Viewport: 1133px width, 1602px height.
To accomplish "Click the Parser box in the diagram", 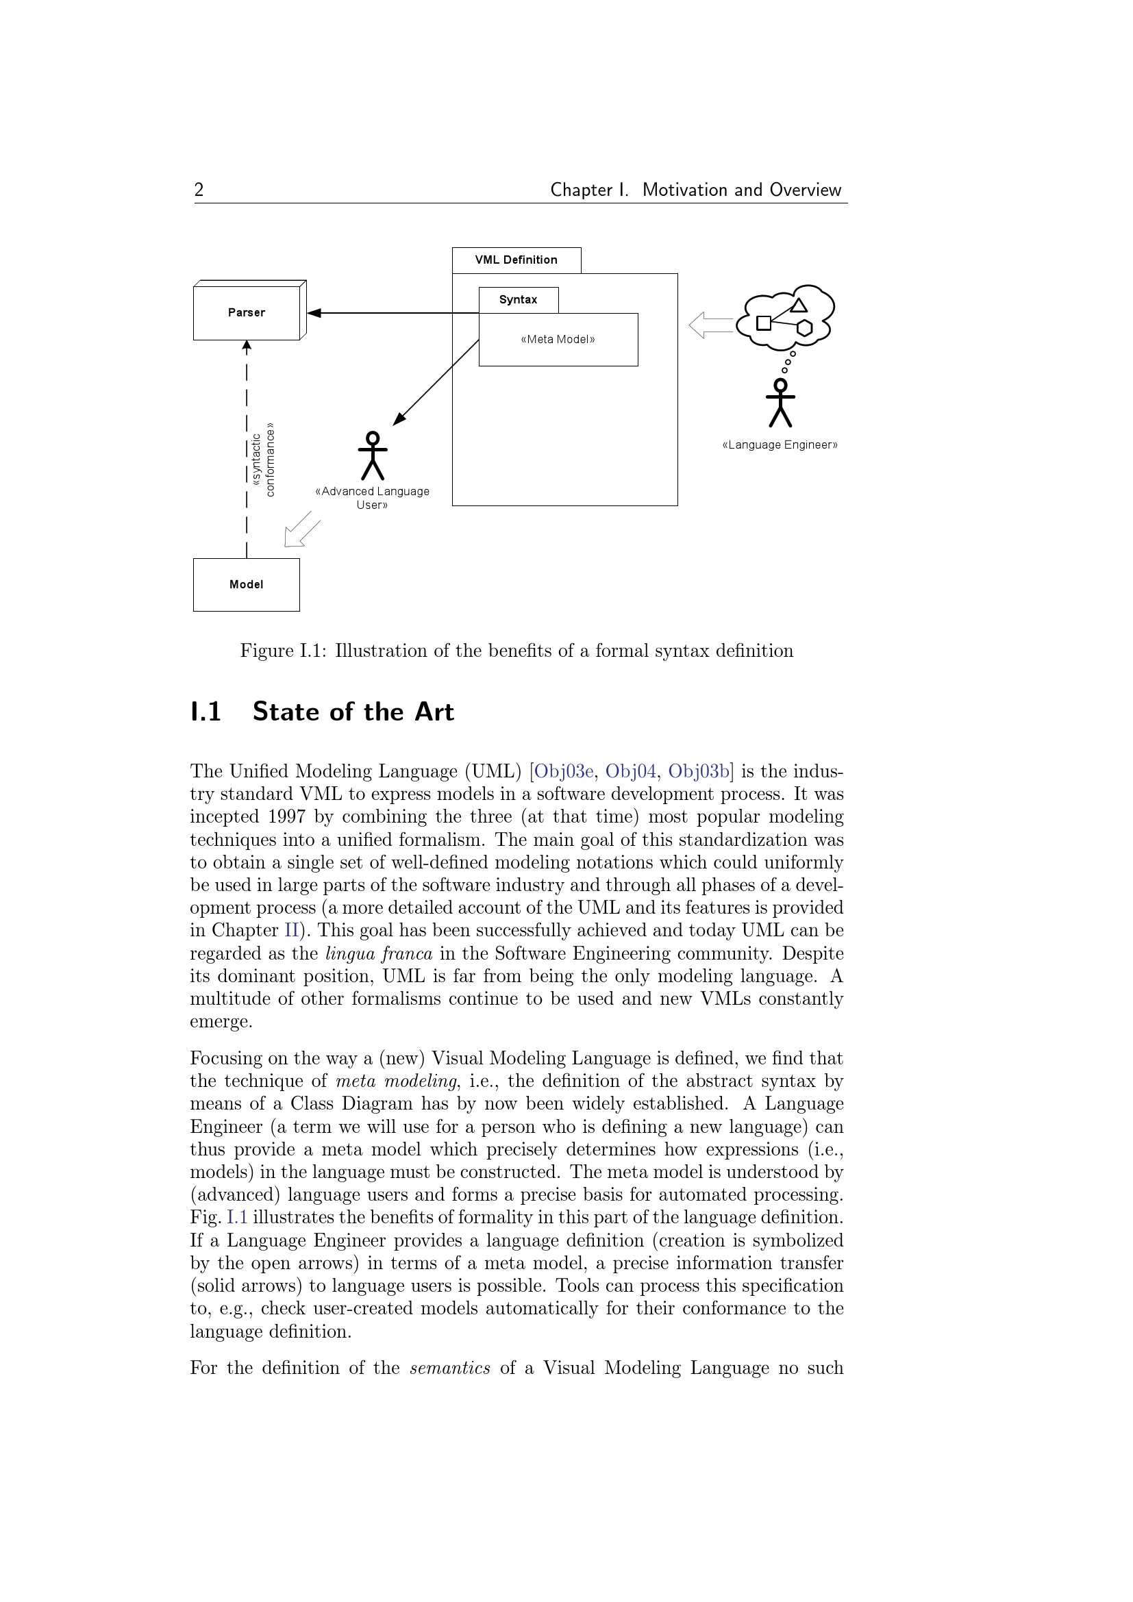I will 247,312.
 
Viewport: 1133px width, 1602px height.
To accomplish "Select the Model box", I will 247,585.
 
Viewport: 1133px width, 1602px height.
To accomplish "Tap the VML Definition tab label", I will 516,260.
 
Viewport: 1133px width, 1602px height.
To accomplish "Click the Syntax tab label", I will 518,300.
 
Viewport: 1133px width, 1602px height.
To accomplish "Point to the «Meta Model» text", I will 558,340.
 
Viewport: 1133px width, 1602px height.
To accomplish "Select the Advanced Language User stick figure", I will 373,456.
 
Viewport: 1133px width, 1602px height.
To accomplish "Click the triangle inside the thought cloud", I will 799,305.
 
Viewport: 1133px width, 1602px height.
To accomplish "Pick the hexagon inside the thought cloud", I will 804,328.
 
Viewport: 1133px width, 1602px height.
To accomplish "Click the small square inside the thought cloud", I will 764,323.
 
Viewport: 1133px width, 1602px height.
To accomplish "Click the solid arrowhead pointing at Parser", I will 314,312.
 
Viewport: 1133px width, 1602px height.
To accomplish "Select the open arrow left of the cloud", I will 710,325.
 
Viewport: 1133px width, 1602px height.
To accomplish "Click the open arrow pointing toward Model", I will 301,530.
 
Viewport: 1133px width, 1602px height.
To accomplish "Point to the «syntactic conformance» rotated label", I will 264,460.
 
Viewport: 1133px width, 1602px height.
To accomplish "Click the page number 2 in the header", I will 199,190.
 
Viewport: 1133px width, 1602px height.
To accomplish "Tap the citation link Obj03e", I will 564,771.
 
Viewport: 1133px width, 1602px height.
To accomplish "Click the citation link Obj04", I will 631,771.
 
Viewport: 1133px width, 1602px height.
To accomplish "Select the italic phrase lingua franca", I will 379,953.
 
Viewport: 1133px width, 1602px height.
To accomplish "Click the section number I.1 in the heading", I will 206,712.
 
